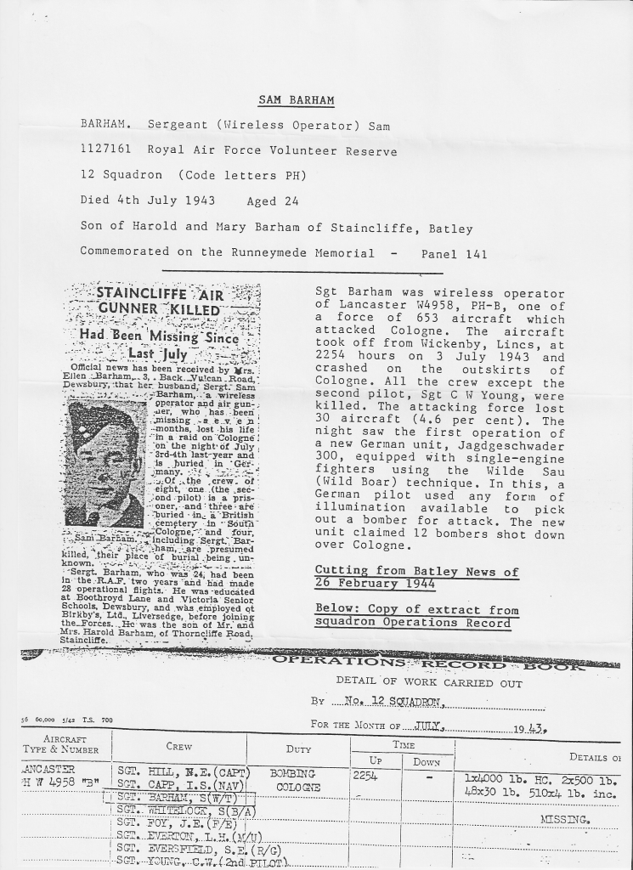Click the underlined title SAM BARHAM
coord(296,101)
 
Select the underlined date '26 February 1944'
coord(375,585)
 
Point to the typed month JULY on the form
coord(431,727)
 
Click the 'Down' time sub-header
coord(427,762)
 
